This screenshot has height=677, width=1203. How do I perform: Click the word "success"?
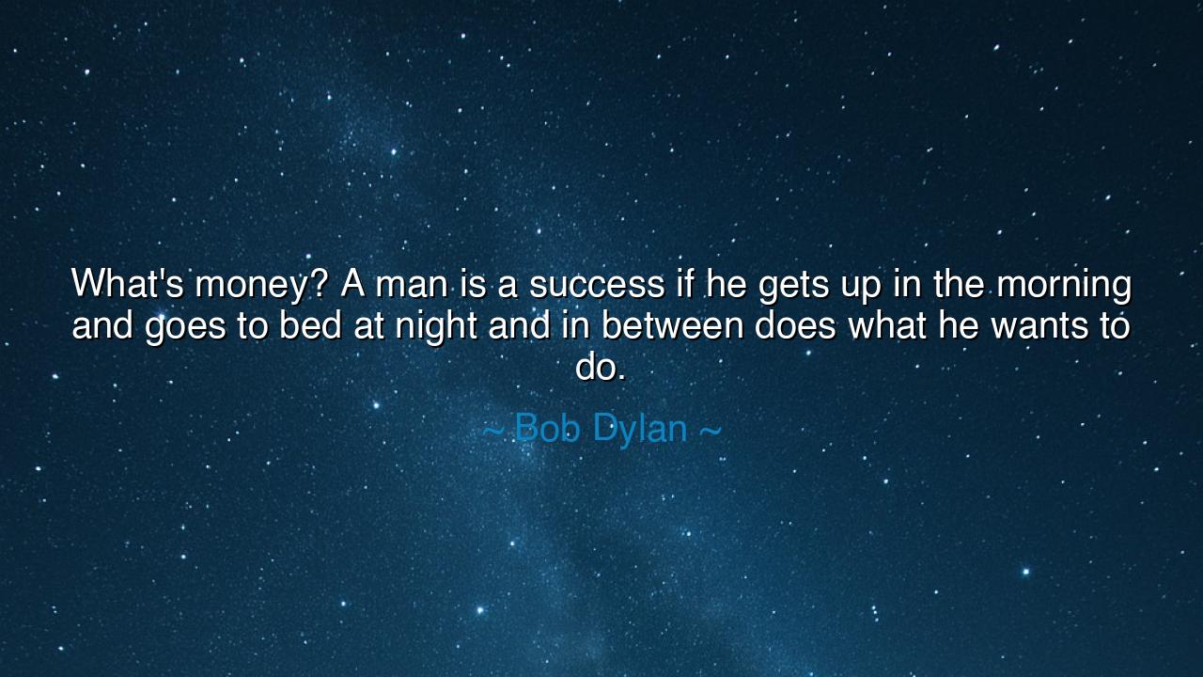coord(596,286)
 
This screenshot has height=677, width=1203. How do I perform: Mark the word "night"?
coord(442,329)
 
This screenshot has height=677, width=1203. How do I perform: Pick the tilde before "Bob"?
coord(492,431)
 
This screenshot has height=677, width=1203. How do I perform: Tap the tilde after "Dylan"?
coord(711,431)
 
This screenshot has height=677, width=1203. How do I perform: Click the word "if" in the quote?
coord(684,284)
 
